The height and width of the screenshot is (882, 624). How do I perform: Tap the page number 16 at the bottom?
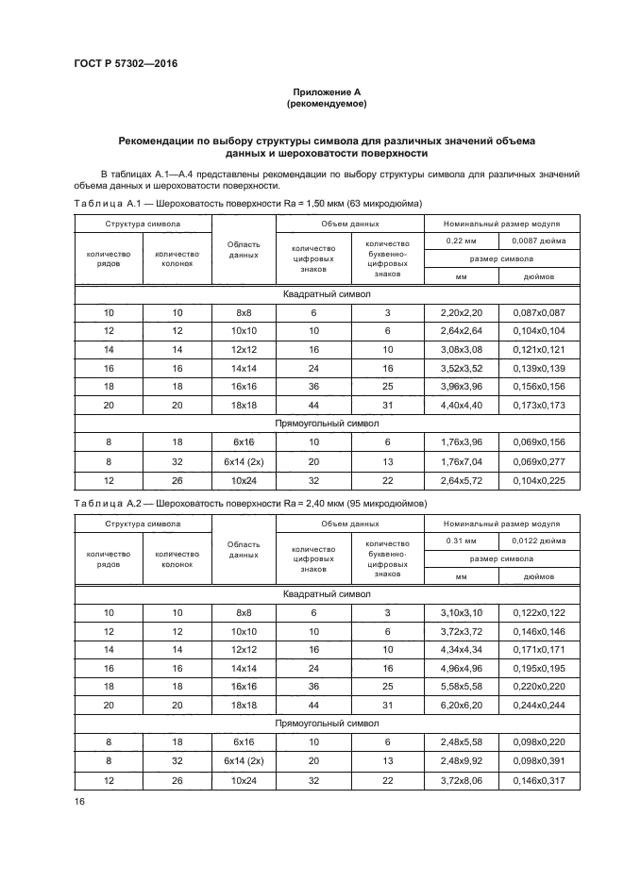point(79,801)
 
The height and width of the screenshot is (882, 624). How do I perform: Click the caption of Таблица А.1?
point(246,204)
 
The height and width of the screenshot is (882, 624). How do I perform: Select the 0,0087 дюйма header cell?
point(526,241)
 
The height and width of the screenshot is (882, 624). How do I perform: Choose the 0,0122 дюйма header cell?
point(526,541)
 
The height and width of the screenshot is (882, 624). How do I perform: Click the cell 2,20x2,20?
point(462,311)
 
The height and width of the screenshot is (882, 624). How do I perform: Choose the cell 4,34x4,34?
point(462,649)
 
